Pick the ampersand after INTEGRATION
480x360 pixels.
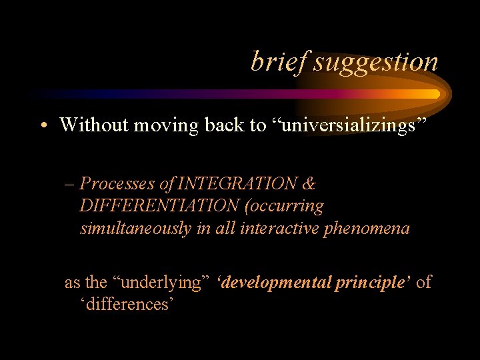309,183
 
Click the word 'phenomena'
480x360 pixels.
372,229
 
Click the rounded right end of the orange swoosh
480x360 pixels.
437,94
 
